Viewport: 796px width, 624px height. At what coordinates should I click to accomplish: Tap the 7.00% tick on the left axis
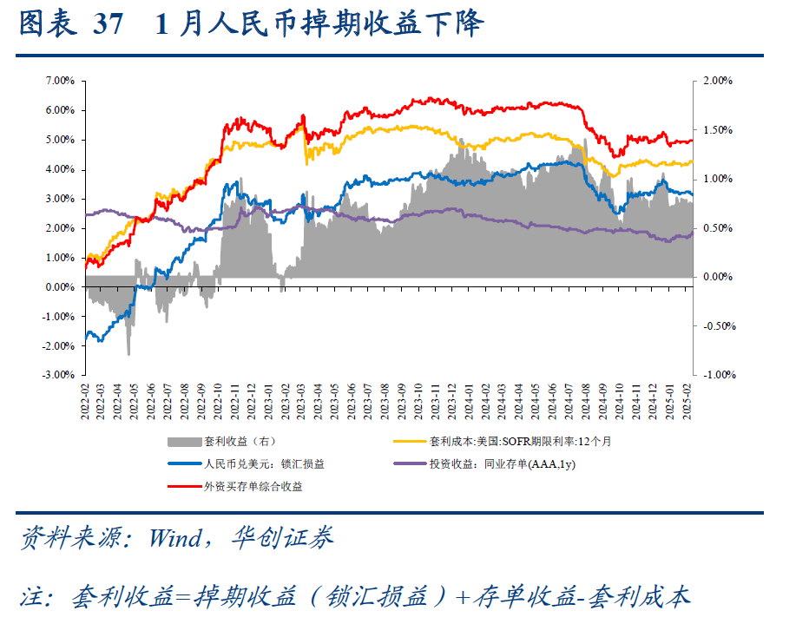coord(59,81)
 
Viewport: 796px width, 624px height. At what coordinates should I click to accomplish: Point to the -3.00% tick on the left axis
coord(58,376)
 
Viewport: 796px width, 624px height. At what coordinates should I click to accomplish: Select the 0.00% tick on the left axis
coord(59,287)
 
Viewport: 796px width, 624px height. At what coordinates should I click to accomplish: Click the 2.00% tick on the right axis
coord(718,81)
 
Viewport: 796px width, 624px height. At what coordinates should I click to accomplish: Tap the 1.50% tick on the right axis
coord(718,130)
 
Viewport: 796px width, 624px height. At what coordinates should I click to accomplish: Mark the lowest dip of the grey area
coord(129,353)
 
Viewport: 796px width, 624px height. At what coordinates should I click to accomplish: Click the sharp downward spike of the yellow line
coord(306,161)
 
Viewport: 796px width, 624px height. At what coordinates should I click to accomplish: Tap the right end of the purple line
coord(693,232)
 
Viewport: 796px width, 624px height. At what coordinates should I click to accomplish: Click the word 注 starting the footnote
coord(33,596)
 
